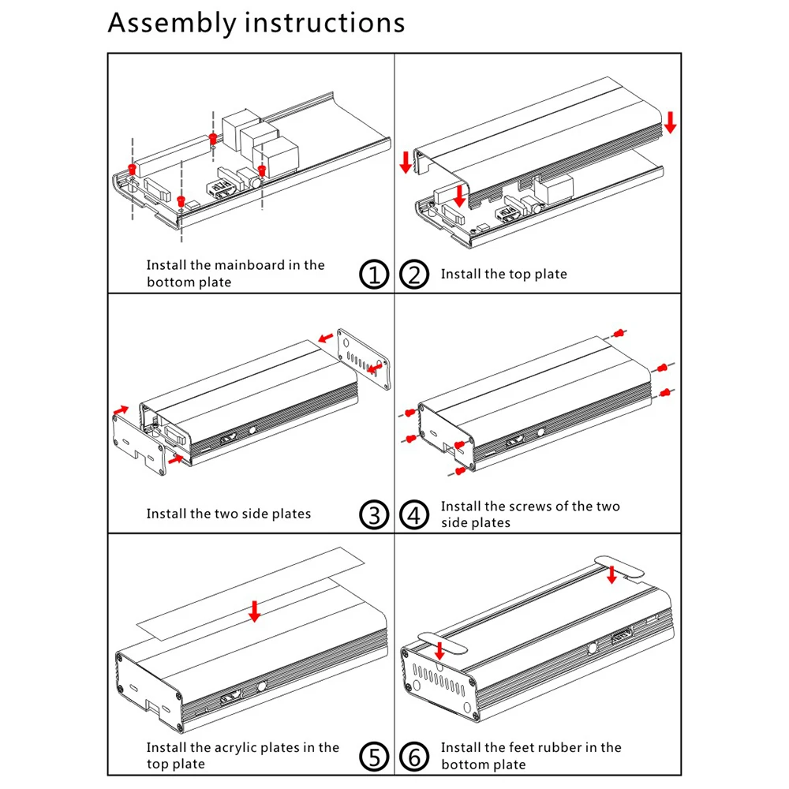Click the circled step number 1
click(375, 275)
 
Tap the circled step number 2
click(414, 275)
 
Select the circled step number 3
click(375, 514)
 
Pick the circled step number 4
click(414, 514)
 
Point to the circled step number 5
click(375, 755)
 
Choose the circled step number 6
click(414, 755)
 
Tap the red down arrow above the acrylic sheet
click(254, 610)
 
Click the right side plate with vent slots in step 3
click(363, 359)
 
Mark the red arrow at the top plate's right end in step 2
click(670, 122)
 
